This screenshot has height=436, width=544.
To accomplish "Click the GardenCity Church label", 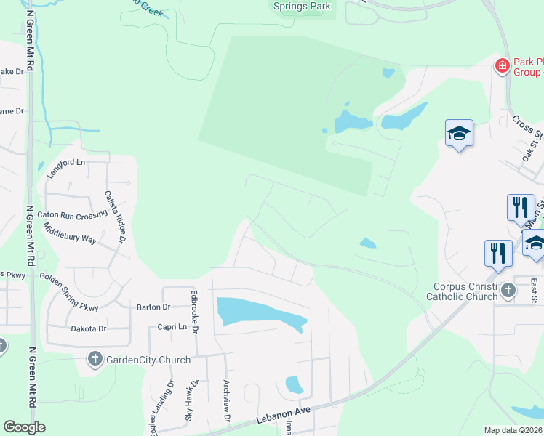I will [148, 360].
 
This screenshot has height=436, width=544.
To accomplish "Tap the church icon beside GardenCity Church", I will [95, 359].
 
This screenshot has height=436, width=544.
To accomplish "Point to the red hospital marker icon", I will [502, 67].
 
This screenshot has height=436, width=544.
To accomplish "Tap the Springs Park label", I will [302, 7].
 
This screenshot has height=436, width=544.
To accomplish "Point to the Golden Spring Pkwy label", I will [68, 286].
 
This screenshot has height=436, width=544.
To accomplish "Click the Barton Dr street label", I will [153, 307].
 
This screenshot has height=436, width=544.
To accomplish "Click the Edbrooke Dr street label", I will [194, 313].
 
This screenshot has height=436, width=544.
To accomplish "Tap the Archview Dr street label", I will [227, 402].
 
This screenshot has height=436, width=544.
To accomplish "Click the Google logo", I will [24, 427].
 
